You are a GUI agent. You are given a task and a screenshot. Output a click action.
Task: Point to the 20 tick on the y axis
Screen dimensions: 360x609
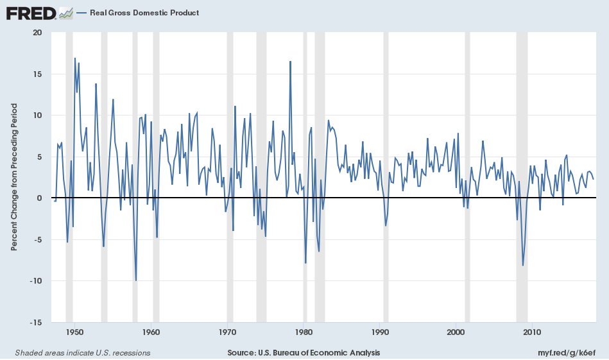(x=37, y=33)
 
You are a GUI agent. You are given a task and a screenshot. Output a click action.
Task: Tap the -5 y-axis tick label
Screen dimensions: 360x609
(x=37, y=240)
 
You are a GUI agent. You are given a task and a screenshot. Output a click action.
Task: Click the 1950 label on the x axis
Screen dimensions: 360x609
(x=75, y=332)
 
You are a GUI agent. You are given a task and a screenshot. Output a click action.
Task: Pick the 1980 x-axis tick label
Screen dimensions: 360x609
(x=304, y=332)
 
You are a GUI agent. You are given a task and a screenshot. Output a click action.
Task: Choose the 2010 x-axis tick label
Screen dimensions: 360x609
(x=532, y=332)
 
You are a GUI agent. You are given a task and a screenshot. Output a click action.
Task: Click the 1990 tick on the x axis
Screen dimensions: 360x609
(x=381, y=332)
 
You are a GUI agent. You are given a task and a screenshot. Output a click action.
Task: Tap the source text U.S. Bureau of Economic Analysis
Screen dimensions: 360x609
(x=304, y=353)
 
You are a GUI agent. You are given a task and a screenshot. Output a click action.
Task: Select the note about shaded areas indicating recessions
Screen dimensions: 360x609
(x=82, y=353)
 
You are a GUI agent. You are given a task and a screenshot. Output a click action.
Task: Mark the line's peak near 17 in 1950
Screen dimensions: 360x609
(x=75, y=58)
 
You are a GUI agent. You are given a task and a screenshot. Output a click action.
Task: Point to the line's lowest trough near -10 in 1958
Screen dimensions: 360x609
(x=135, y=280)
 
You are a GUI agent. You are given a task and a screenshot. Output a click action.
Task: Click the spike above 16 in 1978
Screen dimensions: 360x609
(x=291, y=62)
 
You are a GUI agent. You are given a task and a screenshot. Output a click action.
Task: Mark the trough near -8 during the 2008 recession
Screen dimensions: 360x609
(x=523, y=265)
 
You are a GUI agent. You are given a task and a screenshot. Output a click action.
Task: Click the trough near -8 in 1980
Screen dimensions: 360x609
(x=305, y=263)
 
